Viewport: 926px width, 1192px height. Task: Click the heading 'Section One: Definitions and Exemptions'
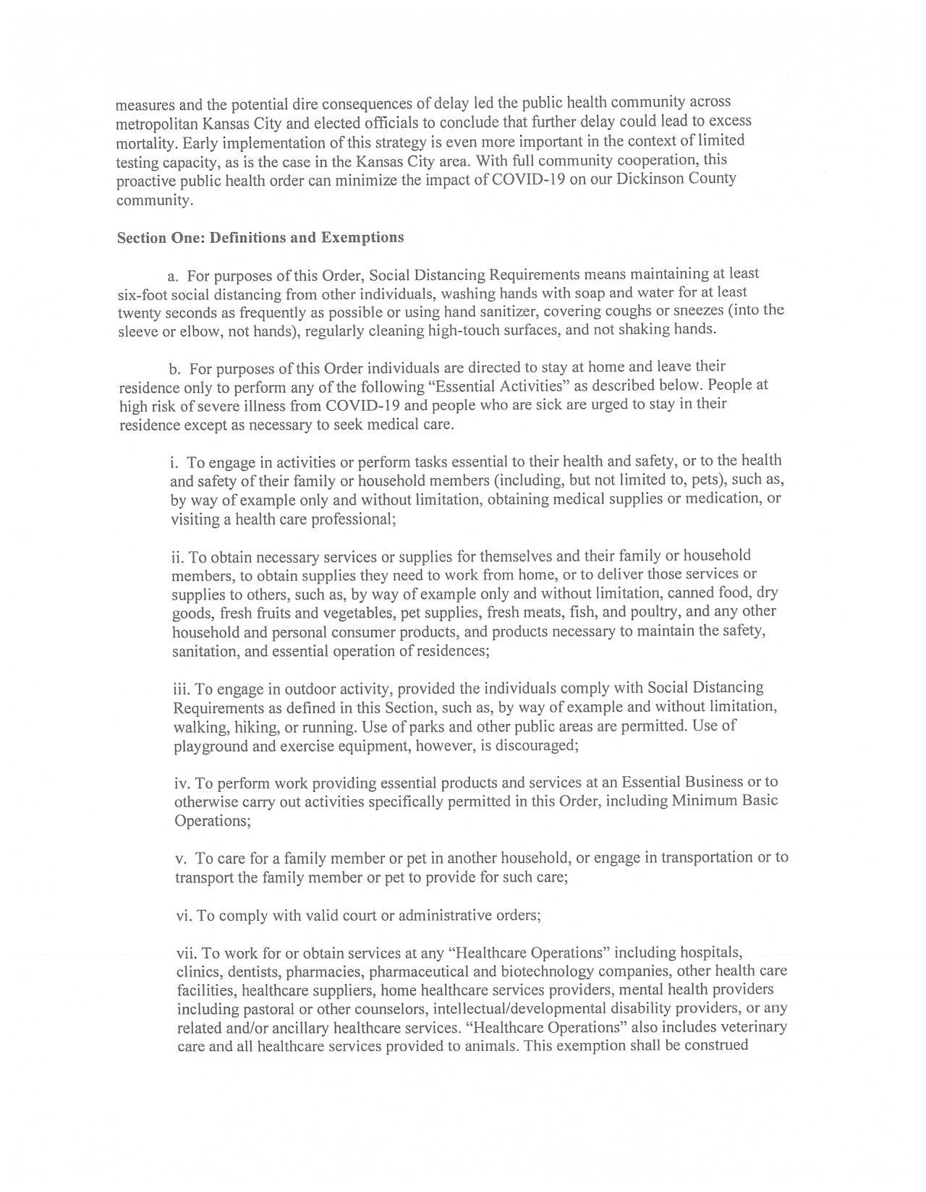point(260,238)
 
